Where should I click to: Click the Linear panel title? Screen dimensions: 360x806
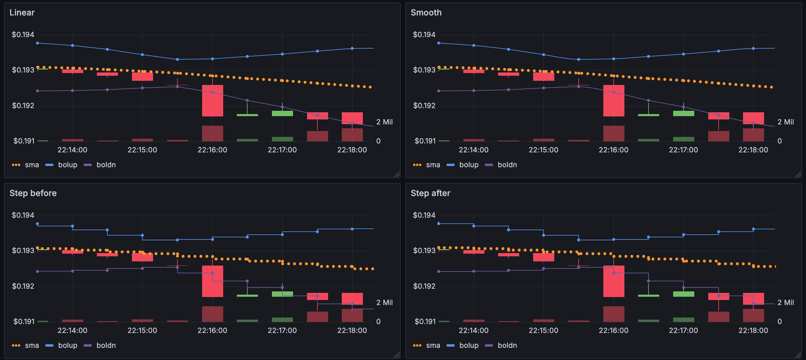click(22, 12)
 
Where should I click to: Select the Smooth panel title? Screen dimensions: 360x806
click(426, 12)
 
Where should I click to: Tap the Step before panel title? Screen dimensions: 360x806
click(33, 193)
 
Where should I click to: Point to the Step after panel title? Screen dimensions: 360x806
click(430, 193)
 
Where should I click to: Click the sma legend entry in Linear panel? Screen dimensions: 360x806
click(32, 165)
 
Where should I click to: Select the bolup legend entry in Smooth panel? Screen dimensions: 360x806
click(468, 165)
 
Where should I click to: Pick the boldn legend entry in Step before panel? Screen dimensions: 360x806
click(106, 345)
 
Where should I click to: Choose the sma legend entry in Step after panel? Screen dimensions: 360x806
click(433, 345)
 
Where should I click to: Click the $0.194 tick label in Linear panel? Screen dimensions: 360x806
click(23, 34)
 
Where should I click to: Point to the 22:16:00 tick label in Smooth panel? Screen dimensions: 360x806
click(613, 150)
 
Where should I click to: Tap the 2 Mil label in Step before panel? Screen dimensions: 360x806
click(384, 302)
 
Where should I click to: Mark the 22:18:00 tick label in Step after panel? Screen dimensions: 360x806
click(753, 330)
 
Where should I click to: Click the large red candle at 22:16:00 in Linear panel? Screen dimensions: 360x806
click(212, 101)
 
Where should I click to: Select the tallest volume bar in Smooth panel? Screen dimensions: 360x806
click(614, 134)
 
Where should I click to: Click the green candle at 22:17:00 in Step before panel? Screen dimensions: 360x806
click(282, 294)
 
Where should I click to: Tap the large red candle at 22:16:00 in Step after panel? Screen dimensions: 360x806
click(614, 281)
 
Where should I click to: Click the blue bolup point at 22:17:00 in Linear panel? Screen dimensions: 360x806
click(282, 54)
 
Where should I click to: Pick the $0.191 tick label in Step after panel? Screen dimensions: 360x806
click(425, 321)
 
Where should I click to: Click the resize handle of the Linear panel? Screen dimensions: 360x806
click(397, 175)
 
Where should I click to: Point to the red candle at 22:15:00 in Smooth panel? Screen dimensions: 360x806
click(544, 77)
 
